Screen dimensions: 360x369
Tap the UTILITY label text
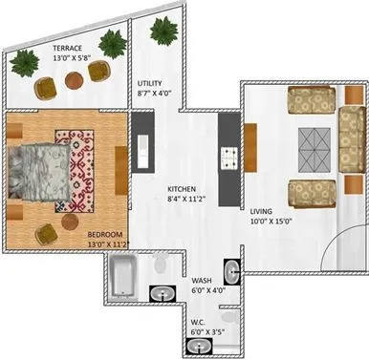pos(152,83)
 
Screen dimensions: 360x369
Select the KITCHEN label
pos(184,188)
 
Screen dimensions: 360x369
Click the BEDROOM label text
pos(105,235)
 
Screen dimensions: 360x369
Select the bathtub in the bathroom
pos(124,278)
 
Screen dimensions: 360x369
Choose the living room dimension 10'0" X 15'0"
pos(272,222)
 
